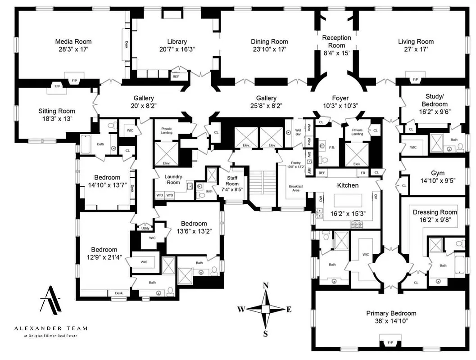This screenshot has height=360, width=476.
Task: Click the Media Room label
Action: [73, 41]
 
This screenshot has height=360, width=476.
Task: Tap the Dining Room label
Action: [269, 41]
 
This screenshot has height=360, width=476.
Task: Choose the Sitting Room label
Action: [57, 111]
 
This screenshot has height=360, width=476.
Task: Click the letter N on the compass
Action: [266, 285]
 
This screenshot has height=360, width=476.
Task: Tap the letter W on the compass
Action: [241, 309]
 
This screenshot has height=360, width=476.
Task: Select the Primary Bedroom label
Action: [391, 313]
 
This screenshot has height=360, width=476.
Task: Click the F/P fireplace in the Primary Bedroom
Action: [390, 342]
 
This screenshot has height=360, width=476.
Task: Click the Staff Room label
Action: [232, 181]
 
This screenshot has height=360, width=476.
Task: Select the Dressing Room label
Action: [435, 212]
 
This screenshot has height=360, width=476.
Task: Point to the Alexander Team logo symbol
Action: [51, 300]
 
